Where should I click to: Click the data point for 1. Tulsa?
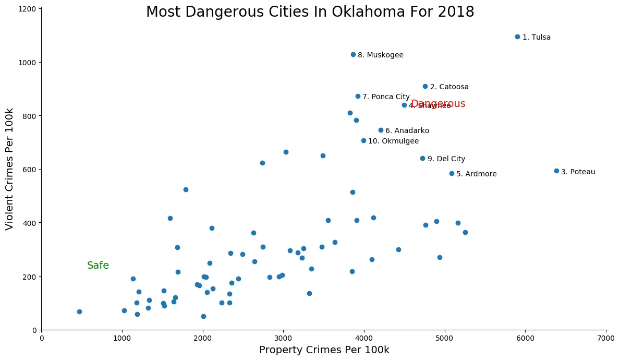pyautogui.click(x=517, y=37)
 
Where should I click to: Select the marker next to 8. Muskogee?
pyautogui.click(x=353, y=55)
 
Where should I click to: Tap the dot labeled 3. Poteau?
pyautogui.click(x=556, y=171)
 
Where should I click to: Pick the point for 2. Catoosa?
pyautogui.click(x=425, y=87)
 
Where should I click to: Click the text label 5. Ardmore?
pyautogui.click(x=476, y=174)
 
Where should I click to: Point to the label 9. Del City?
pyautogui.click(x=446, y=159)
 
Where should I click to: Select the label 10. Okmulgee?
pyautogui.click(x=393, y=141)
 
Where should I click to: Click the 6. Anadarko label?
pyautogui.click(x=407, y=131)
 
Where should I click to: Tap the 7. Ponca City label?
pyautogui.click(x=386, y=97)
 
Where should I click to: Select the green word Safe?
pyautogui.click(x=98, y=266)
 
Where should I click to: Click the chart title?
pyautogui.click(x=310, y=12)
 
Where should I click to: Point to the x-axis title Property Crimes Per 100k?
pyautogui.click(x=324, y=350)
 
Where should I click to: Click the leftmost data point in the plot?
pyautogui.click(x=79, y=312)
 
